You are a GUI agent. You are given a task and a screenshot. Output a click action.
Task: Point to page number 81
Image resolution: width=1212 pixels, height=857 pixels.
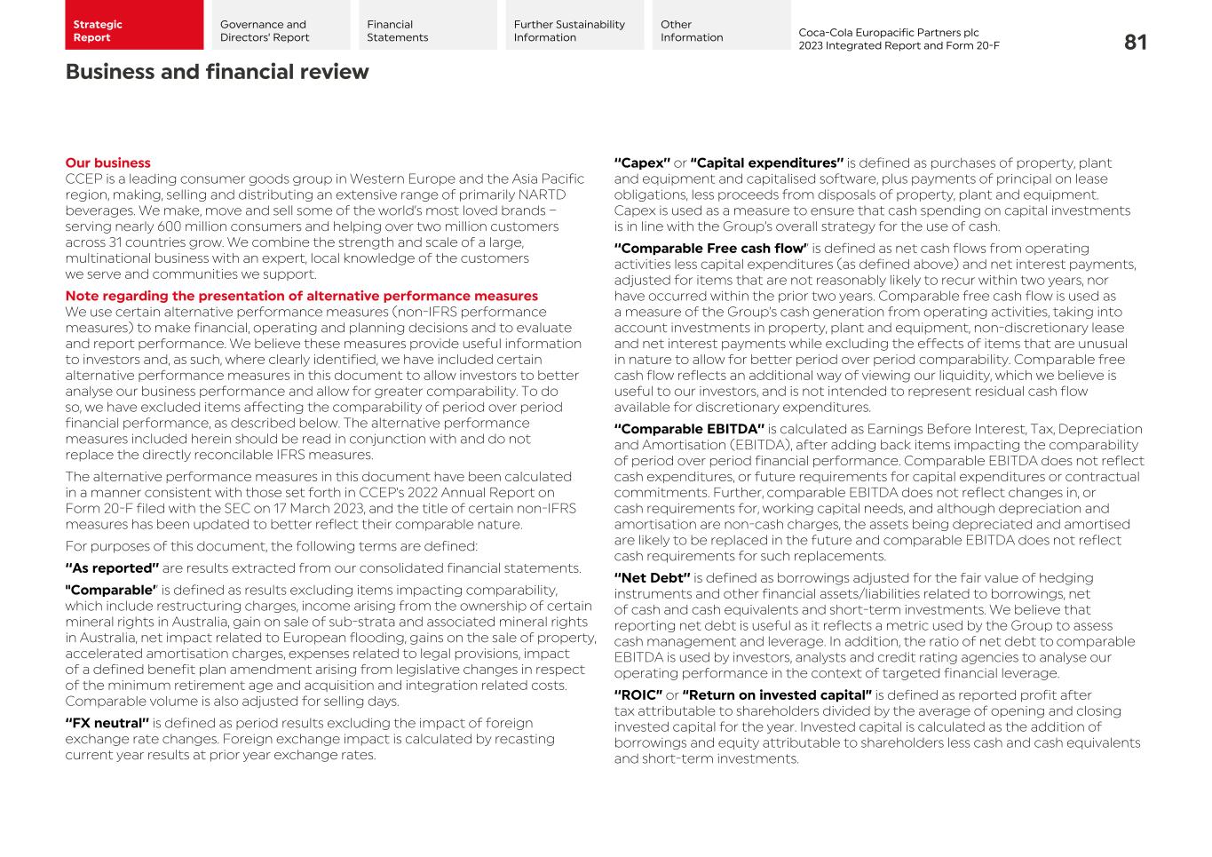[1135, 42]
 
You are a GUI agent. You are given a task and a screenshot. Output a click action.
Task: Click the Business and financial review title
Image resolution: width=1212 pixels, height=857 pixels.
[217, 72]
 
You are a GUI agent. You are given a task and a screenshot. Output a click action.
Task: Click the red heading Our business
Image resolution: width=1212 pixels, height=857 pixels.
[107, 163]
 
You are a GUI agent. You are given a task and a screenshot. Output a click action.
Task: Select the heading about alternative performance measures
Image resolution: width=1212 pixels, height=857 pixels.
[301, 296]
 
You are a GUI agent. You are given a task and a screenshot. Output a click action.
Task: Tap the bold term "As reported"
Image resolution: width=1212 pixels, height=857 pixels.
[112, 568]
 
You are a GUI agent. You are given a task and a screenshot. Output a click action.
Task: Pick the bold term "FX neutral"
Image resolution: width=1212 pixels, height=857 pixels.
[107, 723]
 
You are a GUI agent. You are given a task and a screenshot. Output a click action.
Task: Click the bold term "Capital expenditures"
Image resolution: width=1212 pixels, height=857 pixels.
[766, 163]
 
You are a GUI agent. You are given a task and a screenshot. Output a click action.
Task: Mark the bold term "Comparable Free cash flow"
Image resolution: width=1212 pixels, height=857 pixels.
[710, 249]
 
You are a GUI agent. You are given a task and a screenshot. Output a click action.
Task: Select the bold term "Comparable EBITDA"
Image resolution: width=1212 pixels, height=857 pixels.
[689, 429]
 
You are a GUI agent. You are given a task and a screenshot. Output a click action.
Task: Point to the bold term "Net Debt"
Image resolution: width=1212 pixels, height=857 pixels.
[652, 578]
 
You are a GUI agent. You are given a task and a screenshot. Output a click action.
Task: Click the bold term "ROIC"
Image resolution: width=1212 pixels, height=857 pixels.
[638, 695]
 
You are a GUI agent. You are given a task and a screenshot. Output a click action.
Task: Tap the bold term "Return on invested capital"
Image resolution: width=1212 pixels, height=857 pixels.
[777, 695]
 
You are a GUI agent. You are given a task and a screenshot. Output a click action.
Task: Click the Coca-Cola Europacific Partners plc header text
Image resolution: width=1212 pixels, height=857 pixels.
[888, 32]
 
